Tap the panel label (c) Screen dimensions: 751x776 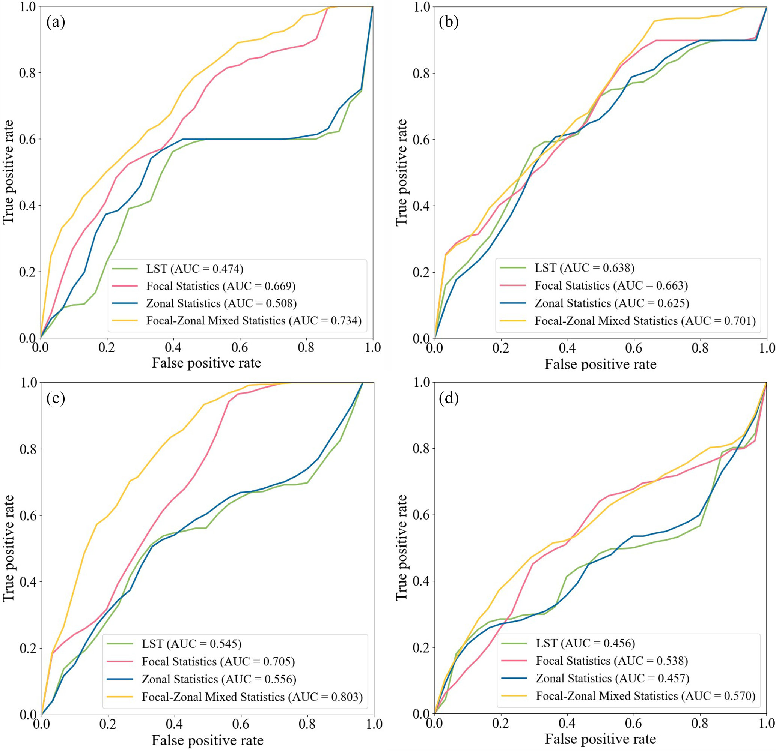[x=56, y=398]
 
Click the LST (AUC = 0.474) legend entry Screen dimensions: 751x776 [x=194, y=269]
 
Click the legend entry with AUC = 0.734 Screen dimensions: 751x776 [x=254, y=320]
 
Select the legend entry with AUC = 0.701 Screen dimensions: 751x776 [x=645, y=320]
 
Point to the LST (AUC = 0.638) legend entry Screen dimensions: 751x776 [x=585, y=268]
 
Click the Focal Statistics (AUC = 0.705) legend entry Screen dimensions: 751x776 [x=218, y=662]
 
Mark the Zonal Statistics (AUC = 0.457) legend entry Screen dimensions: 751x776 [x=612, y=678]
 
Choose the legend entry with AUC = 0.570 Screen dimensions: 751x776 [x=646, y=696]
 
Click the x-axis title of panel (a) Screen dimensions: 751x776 [x=206, y=363]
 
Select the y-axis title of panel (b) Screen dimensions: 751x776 [x=401, y=173]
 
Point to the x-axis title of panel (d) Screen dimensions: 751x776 [x=600, y=739]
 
